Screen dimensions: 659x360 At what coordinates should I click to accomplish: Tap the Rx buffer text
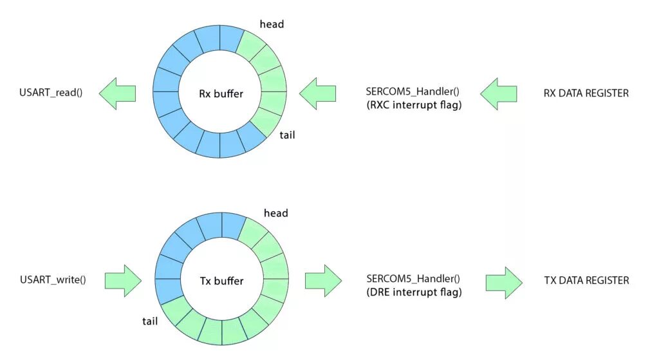(x=221, y=94)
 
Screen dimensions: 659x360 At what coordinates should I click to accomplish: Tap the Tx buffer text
(x=221, y=281)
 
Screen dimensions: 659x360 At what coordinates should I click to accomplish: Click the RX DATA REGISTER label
(x=586, y=93)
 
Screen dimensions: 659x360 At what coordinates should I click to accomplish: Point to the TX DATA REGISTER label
(x=586, y=280)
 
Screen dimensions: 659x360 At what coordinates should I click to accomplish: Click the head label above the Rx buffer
(x=272, y=24)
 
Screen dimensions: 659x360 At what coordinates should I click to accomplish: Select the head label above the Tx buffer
(x=275, y=213)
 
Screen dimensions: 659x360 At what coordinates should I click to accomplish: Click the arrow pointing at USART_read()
(x=118, y=93)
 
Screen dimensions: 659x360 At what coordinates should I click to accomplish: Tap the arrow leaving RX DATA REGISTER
(x=498, y=93)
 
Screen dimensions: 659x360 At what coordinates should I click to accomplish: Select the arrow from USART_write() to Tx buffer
(x=123, y=281)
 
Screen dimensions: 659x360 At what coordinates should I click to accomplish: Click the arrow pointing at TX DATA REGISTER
(x=505, y=281)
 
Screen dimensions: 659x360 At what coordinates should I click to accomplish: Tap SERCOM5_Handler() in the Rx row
(x=412, y=92)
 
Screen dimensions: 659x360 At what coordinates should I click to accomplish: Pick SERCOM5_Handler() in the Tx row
(x=412, y=279)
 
